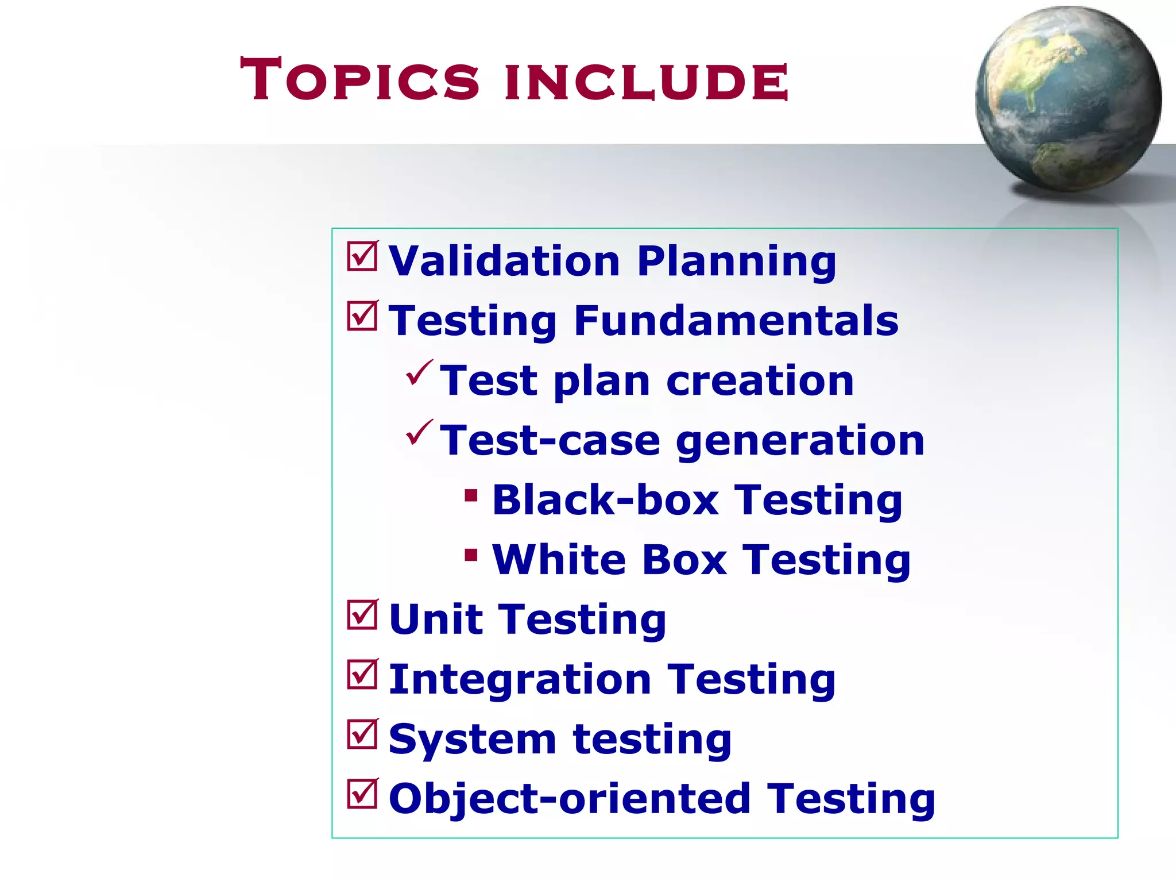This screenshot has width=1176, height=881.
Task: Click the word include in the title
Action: [x=646, y=82]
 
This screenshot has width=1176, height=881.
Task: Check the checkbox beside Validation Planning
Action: [x=362, y=256]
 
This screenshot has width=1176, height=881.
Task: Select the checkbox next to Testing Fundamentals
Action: [x=362, y=316]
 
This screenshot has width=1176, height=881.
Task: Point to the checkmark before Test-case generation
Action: [x=419, y=433]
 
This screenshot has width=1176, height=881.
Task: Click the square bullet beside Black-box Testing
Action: [x=471, y=495]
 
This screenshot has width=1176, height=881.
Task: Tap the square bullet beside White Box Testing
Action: [x=471, y=555]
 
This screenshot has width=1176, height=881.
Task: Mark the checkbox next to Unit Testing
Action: [x=362, y=615]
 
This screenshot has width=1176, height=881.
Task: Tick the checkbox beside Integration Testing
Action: [x=362, y=675]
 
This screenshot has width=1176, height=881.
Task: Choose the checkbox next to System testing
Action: [x=362, y=734]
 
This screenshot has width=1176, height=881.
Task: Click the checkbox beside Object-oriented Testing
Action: [x=362, y=794]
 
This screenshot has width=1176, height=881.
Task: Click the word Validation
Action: [x=504, y=261]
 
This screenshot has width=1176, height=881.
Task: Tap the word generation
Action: [x=800, y=441]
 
